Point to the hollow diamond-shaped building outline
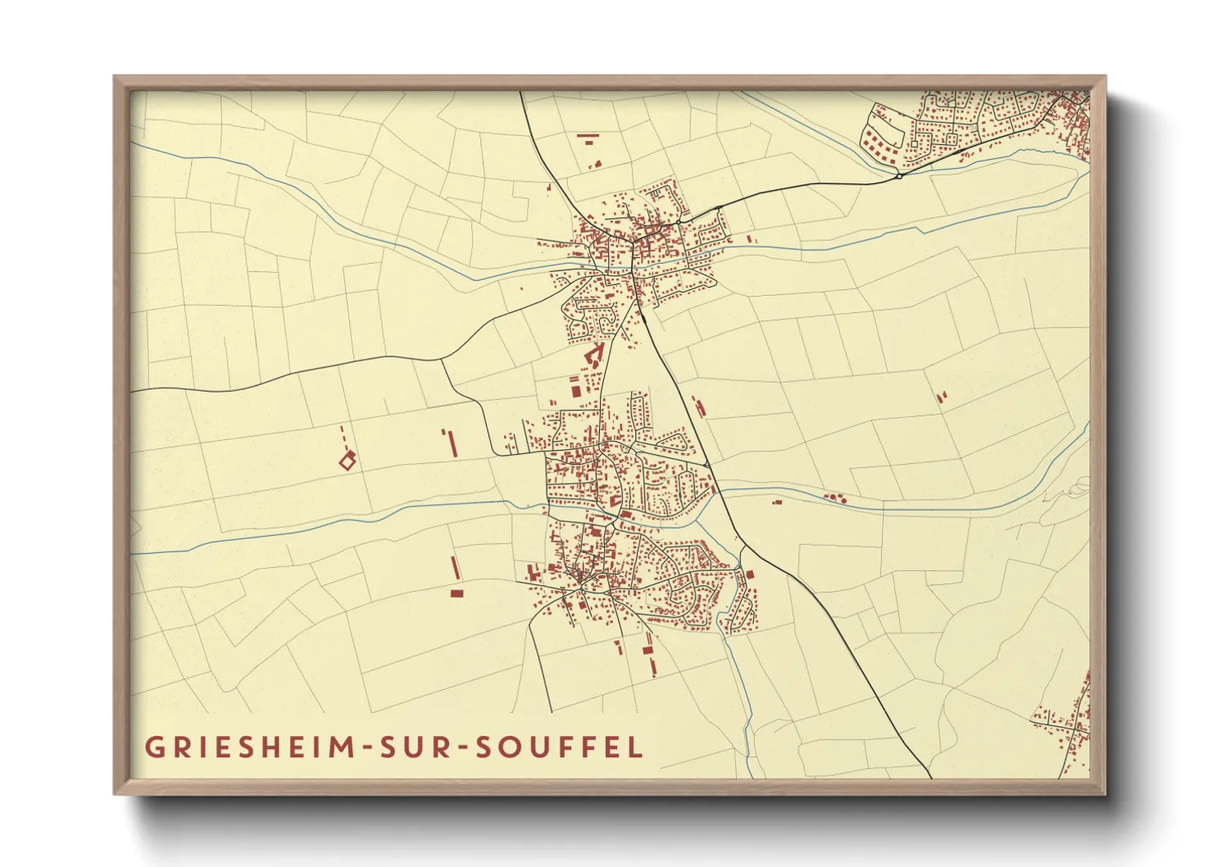click(348, 461)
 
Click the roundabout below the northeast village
click(899, 175)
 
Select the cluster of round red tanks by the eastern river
click(834, 497)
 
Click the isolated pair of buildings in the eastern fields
click(941, 397)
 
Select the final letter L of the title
click(636, 747)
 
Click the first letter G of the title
click(153, 747)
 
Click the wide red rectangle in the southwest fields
click(457, 592)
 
